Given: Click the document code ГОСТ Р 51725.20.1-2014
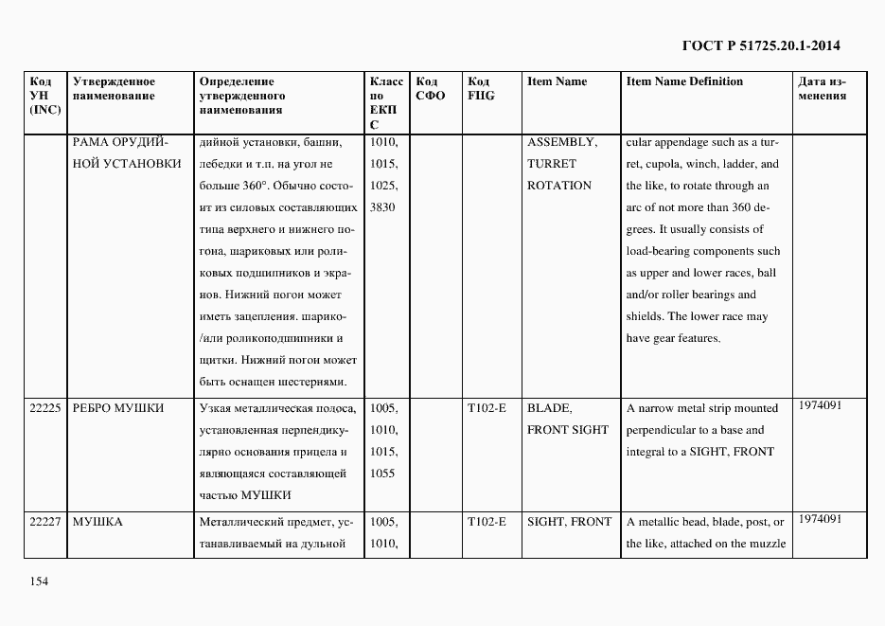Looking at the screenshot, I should click(x=760, y=45).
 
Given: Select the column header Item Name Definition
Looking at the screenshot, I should click(x=684, y=81).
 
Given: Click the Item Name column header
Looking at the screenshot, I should click(x=557, y=81).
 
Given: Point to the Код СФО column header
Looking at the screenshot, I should click(x=430, y=89).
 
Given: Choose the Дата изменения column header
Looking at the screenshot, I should click(x=822, y=89).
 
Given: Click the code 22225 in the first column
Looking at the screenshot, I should click(x=45, y=408).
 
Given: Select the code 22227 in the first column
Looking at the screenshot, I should click(x=45, y=522).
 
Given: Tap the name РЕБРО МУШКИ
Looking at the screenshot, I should click(x=118, y=408).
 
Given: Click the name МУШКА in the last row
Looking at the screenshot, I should click(x=97, y=522).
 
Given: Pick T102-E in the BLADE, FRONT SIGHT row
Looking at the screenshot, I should click(x=487, y=408).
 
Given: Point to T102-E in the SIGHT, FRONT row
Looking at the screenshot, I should click(x=487, y=522).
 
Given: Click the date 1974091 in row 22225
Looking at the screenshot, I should click(x=820, y=405).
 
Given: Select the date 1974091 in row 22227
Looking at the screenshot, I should click(x=820, y=519).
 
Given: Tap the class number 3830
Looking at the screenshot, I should click(x=383, y=207).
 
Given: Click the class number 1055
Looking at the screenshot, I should click(x=383, y=474).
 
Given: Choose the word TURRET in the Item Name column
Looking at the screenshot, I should click(x=551, y=164).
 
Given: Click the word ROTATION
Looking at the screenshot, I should click(x=558, y=186).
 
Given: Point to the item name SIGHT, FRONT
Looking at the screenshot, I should click(x=569, y=522).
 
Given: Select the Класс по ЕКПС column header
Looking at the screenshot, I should click(x=385, y=102).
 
